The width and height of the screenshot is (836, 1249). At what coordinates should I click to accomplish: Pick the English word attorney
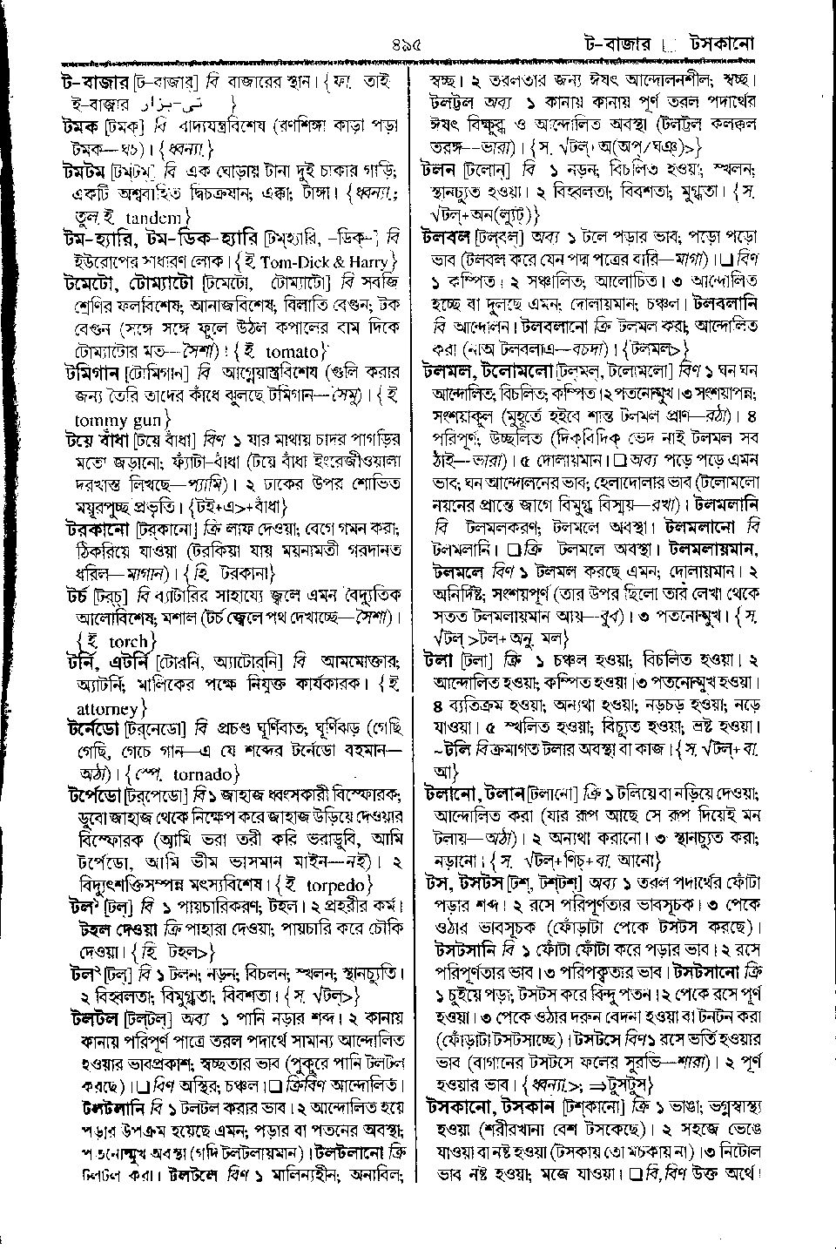107,708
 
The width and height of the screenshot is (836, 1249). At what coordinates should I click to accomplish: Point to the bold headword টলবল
446,237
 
